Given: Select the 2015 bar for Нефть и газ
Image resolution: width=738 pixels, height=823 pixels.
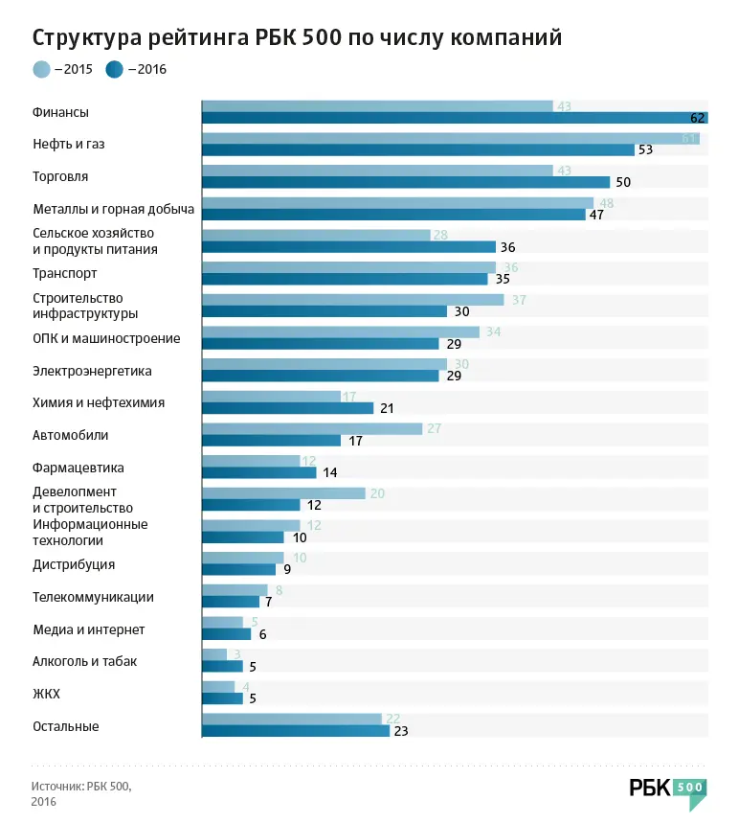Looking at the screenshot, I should point(450,138).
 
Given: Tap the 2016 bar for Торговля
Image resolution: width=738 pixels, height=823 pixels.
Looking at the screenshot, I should point(406,182).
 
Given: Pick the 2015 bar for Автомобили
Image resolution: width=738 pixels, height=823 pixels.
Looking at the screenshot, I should point(312,428).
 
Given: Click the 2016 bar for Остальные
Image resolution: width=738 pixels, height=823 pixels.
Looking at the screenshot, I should point(296,731).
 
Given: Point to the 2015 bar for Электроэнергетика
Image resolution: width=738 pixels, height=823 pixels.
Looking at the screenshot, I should point(324,364).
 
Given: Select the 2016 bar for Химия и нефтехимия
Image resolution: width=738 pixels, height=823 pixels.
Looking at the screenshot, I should point(287,408).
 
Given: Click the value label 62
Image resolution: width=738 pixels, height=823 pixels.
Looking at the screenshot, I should point(698,118).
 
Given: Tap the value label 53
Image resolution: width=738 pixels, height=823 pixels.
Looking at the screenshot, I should point(645,150).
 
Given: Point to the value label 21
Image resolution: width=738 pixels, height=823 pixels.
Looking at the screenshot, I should point(387,408).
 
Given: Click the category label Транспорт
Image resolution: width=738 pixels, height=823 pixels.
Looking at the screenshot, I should point(65,273).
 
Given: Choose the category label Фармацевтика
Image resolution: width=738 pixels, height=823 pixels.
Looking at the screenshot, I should point(78,468).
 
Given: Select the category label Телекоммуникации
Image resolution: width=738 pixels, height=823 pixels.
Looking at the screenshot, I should point(93,597).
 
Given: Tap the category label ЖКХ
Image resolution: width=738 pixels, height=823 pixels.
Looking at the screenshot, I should point(47,694).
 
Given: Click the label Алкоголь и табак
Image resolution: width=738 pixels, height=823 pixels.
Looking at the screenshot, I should point(85,661).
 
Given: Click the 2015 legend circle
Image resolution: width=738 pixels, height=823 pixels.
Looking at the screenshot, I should point(41,69).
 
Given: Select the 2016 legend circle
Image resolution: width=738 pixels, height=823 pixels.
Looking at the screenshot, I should point(114,69).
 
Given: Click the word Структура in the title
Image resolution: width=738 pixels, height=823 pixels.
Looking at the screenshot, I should point(86,37).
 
